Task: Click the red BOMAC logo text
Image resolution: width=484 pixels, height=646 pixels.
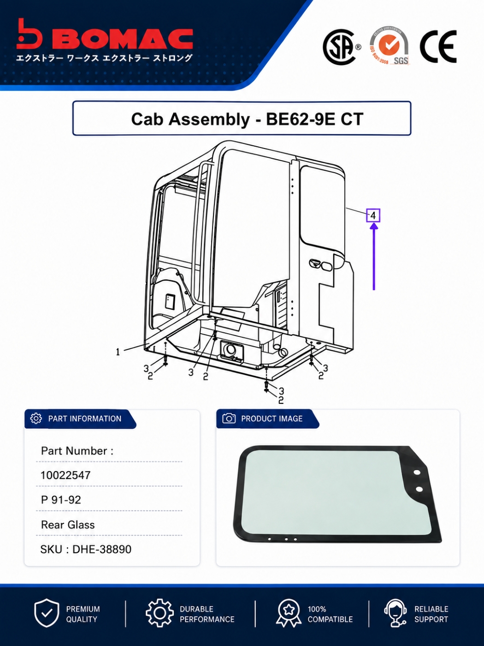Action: tap(127, 39)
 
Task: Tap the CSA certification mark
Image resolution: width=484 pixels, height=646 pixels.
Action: tap(342, 47)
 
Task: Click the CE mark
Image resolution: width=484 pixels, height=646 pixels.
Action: tap(438, 46)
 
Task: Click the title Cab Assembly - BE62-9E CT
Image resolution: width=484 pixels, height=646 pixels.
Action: tap(247, 119)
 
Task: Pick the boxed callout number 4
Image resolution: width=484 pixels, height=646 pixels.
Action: tap(373, 215)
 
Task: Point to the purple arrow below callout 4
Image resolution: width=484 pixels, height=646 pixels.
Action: tap(374, 257)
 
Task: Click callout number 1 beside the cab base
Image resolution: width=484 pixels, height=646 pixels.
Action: tap(118, 352)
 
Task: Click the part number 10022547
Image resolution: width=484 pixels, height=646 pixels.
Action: tap(65, 475)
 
